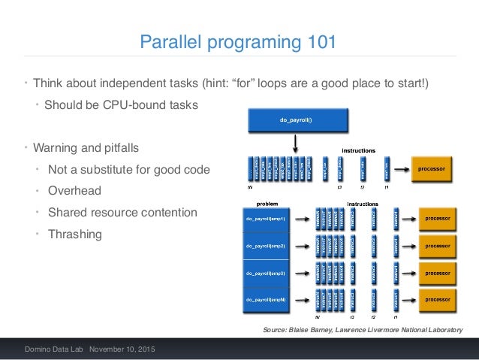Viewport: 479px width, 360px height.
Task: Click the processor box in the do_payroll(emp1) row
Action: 437,219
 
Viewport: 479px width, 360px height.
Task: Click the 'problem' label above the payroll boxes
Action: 268,204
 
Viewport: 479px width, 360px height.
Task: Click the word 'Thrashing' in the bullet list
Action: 74,234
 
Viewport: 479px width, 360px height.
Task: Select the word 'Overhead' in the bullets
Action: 74,191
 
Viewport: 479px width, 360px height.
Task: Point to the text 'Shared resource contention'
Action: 122,213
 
